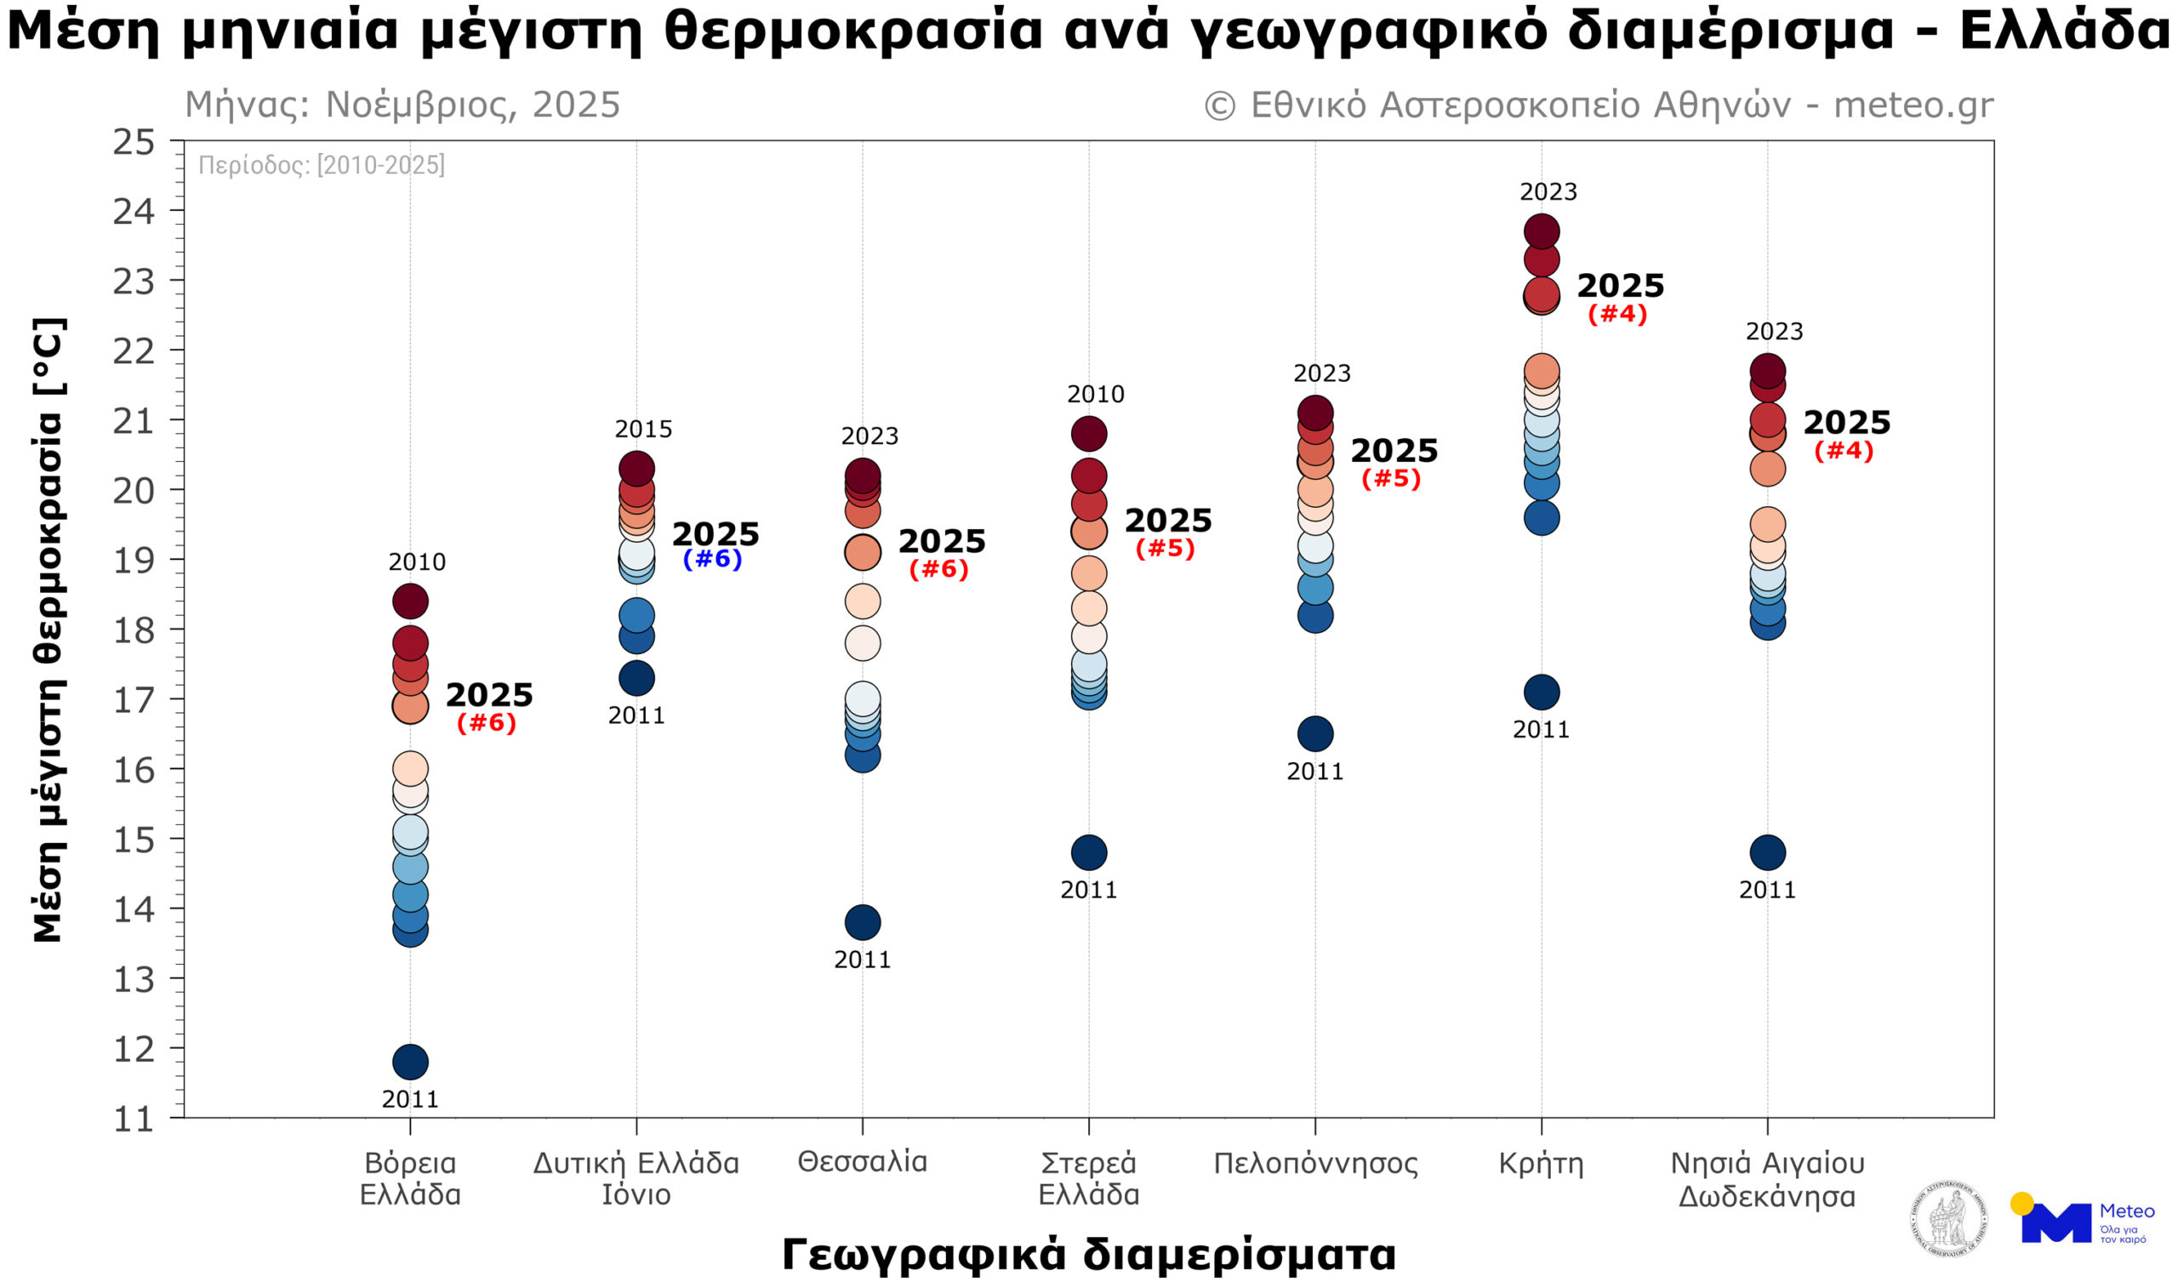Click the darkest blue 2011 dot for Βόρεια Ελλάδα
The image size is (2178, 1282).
(411, 1062)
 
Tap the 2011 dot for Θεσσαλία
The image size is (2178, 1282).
(863, 922)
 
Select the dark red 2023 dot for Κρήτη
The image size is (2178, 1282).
(1542, 231)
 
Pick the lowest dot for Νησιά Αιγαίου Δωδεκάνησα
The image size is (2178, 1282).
(1767, 852)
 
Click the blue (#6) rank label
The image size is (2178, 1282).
(712, 558)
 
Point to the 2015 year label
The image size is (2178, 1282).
(643, 429)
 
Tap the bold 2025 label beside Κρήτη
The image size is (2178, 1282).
(1621, 285)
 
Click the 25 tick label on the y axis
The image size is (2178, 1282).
(134, 142)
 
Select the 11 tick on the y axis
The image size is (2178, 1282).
(134, 1120)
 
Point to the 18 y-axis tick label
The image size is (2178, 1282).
(134, 630)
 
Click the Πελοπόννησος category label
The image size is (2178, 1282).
(1315, 1164)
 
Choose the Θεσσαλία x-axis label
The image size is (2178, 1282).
(863, 1161)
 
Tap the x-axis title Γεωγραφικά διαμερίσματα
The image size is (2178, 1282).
(1089, 1253)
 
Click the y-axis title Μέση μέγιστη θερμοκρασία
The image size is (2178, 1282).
(48, 630)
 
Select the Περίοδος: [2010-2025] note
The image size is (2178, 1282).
(322, 164)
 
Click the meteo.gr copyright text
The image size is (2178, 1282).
(1599, 105)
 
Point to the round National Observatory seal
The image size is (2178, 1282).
(1949, 1219)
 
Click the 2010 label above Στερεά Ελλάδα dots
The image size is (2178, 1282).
(1095, 394)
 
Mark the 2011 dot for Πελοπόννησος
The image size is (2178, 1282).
(1315, 734)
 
